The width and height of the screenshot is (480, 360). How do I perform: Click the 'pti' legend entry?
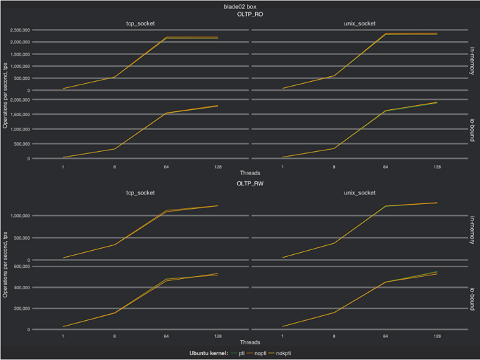[x=241, y=353]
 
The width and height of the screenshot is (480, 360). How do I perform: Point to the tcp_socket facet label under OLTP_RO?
[x=140, y=23]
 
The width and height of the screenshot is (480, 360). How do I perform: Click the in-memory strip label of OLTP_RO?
[x=473, y=60]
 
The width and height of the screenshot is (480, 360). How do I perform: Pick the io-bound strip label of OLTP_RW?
[x=473, y=297]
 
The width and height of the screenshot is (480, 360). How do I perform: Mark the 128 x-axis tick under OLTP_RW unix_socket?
[x=437, y=335]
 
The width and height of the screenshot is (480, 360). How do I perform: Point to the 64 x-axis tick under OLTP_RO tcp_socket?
[x=166, y=166]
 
